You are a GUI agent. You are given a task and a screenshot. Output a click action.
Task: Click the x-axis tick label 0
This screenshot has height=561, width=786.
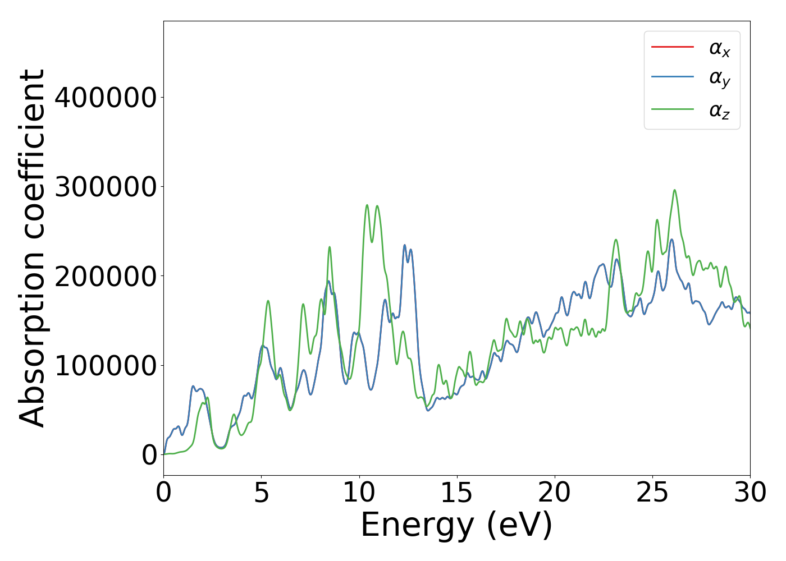163,493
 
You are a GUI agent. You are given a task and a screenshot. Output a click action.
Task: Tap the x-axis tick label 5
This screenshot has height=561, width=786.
261,493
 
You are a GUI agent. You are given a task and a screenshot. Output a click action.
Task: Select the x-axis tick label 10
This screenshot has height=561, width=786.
359,493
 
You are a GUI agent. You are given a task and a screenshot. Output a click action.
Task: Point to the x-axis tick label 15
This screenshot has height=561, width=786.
457,493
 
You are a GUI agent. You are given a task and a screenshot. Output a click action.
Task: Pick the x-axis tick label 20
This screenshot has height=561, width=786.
555,493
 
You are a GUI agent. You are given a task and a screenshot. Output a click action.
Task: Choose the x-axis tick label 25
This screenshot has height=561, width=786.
652,493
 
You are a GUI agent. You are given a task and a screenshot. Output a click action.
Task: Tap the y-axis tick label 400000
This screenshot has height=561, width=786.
106,98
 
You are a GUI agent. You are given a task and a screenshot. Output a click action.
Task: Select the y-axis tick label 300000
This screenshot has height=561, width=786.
106,187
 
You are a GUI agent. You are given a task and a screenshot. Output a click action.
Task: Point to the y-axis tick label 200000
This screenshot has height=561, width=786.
106,276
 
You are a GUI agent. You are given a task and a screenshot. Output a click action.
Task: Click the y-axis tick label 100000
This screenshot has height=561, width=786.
106,365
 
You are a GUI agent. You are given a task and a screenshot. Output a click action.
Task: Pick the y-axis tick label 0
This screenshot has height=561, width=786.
149,455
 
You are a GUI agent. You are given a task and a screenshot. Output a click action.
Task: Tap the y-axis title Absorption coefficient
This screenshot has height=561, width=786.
33,248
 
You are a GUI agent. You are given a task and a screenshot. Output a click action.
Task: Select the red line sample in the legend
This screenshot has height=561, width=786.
672,47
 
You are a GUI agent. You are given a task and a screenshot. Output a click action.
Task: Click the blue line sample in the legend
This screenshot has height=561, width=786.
672,77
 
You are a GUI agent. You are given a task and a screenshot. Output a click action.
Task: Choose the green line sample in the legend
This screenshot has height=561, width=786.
672,109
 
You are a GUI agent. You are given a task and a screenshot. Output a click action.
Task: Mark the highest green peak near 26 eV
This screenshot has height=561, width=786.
674,190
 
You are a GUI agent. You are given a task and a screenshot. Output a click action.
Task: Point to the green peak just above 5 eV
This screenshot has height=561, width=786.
268,301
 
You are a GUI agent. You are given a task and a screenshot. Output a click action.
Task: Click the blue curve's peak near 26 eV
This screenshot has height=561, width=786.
671,240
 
